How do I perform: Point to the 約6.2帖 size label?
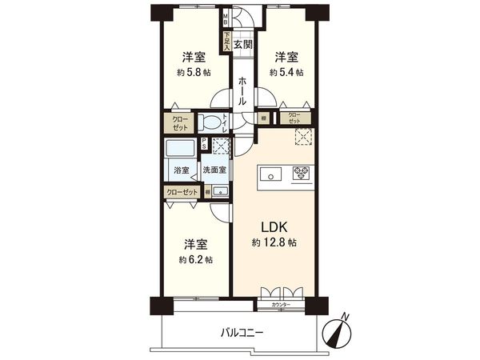195,260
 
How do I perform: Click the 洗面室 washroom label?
214,170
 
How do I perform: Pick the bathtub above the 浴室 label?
181,150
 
